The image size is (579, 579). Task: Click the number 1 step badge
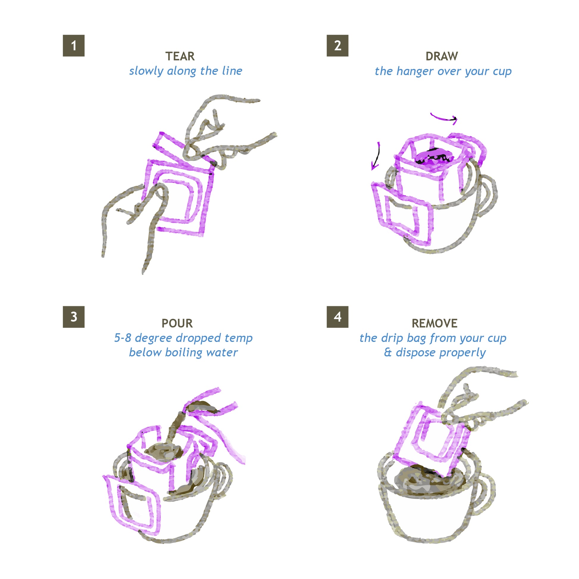coord(73,46)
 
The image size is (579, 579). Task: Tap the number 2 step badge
coord(337,46)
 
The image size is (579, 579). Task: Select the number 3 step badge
coord(73,317)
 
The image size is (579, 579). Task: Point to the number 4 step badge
coord(337,317)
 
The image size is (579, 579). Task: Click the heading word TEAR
coord(180,56)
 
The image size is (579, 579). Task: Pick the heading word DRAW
coord(442,56)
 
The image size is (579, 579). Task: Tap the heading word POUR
coord(177,323)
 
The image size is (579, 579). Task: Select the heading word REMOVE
coord(435,323)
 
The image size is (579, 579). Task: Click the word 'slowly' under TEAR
coord(147,71)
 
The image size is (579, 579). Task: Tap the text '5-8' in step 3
coord(123,338)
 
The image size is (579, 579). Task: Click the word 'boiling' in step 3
coord(184,353)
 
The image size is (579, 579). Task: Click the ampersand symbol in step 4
coord(388,353)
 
